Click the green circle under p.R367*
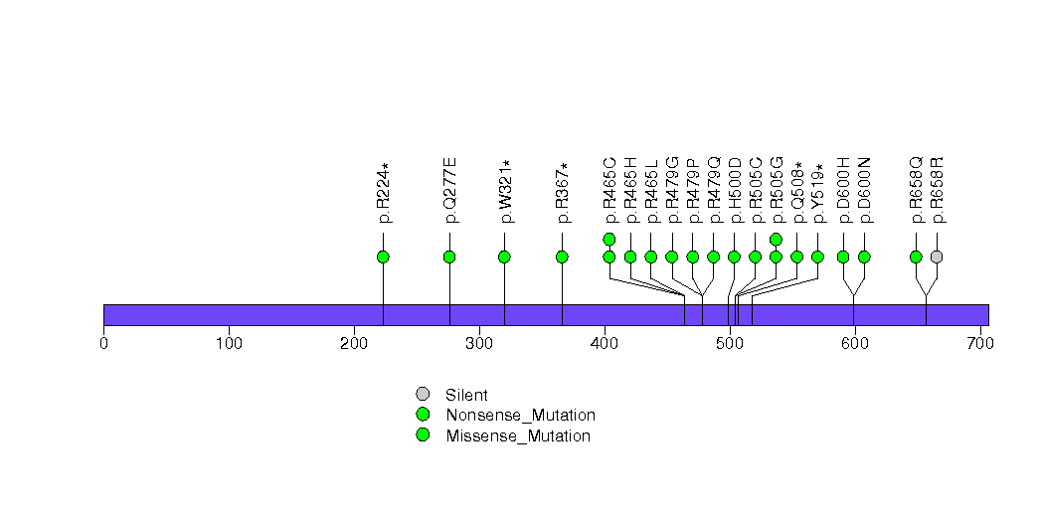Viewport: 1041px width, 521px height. click(x=562, y=257)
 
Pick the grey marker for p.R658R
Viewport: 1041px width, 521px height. click(x=937, y=257)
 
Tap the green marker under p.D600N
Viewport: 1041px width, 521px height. click(x=864, y=257)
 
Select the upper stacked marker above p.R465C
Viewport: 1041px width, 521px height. click(x=609, y=239)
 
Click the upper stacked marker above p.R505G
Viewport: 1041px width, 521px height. click(x=776, y=239)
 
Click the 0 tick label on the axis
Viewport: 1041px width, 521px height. click(x=103, y=344)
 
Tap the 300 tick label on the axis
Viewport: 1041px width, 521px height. click(x=479, y=344)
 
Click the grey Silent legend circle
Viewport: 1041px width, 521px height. click(x=423, y=395)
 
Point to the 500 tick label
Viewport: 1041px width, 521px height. click(x=730, y=344)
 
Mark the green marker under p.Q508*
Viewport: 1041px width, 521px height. click(x=796, y=257)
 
